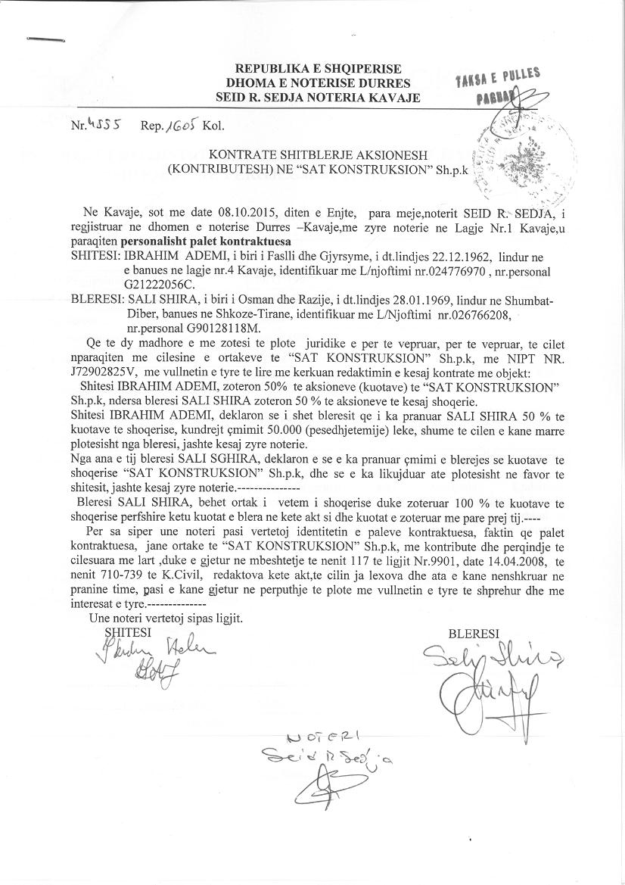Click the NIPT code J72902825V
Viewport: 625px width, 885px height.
tap(107, 372)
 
